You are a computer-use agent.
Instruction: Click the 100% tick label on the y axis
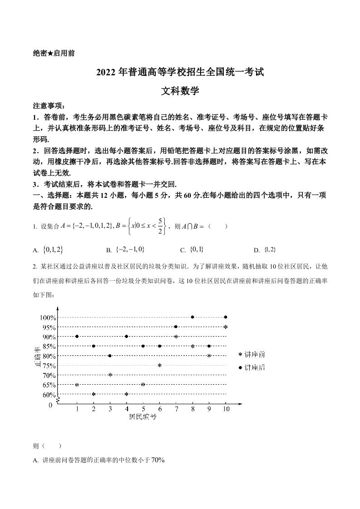coord(48,317)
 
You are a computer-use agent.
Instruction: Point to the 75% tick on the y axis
coord(49,366)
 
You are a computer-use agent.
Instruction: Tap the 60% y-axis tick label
coord(49,395)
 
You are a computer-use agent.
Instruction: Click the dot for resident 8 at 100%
coord(192,317)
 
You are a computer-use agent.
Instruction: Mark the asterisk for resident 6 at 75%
coord(159,366)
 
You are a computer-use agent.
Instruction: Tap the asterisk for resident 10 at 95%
coord(226,327)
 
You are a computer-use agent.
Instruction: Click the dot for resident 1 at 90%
coord(77,336)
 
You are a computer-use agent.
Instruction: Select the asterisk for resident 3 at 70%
coord(110,375)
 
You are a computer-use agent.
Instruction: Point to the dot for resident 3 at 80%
coord(110,356)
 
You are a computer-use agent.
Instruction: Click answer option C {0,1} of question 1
coord(196,250)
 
